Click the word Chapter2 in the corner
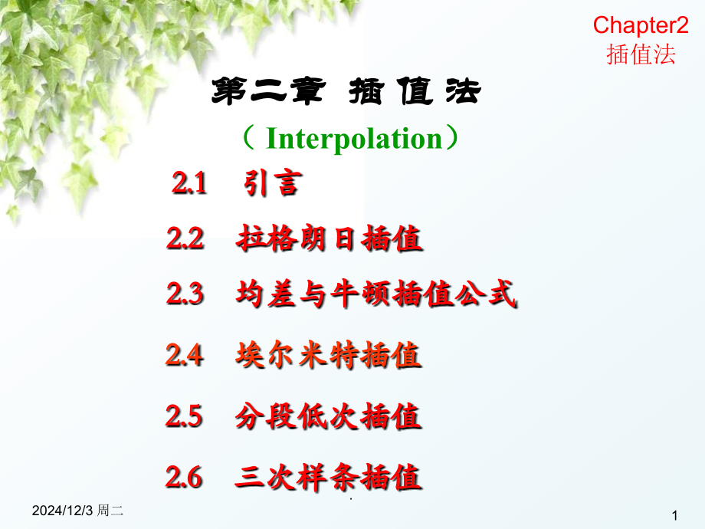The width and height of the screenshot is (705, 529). [640, 25]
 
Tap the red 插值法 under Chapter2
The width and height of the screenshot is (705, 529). [641, 54]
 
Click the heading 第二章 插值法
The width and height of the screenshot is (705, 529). [346, 94]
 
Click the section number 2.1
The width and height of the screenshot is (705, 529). [189, 184]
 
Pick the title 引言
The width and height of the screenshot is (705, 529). [271, 184]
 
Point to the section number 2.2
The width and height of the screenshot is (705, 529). [185, 240]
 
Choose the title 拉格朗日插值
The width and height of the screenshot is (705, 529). [330, 240]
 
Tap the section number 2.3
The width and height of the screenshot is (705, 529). [185, 295]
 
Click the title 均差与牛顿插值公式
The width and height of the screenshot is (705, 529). [375, 295]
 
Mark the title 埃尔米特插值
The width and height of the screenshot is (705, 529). [329, 355]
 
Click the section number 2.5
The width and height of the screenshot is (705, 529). [184, 416]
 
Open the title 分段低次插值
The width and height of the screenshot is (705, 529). [329, 417]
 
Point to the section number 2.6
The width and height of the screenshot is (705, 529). [184, 478]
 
